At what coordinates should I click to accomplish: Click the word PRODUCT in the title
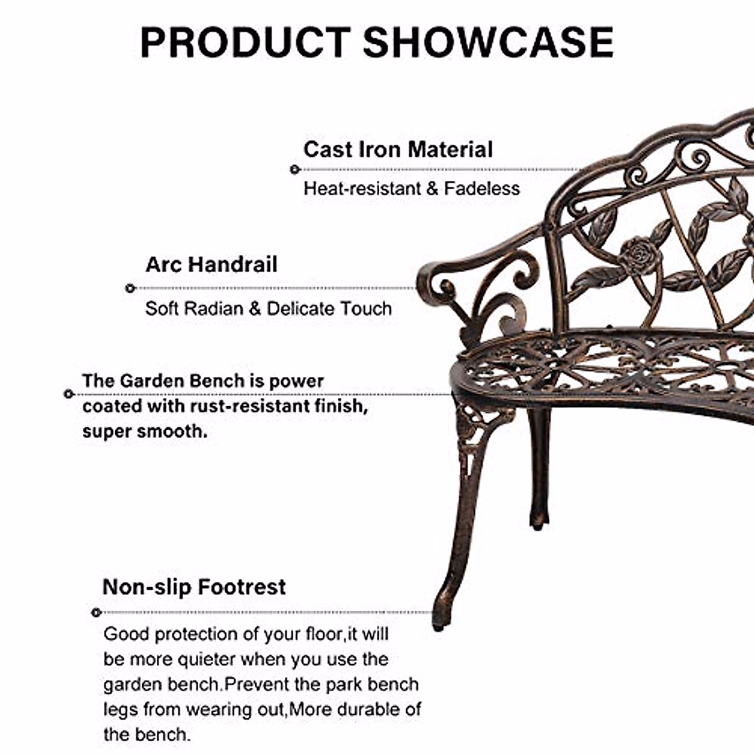[x=245, y=43]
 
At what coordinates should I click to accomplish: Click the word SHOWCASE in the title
[x=488, y=43]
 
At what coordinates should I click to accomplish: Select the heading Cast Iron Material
[x=398, y=150]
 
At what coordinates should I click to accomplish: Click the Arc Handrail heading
[x=211, y=265]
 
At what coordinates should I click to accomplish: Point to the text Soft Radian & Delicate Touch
[x=268, y=309]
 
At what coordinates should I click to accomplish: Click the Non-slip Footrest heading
[x=194, y=587]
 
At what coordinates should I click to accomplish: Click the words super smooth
[x=144, y=432]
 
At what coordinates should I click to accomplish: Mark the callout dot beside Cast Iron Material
[x=294, y=169]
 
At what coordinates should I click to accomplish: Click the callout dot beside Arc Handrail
[x=130, y=288]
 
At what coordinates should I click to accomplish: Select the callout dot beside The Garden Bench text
[x=68, y=394]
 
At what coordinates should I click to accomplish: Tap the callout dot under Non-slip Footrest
[x=96, y=612]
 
